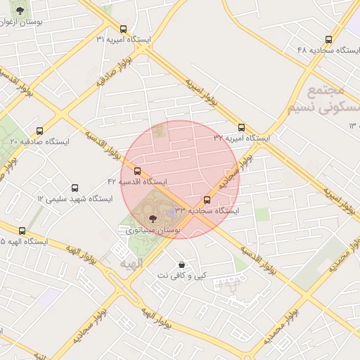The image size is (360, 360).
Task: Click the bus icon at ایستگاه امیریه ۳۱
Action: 124,30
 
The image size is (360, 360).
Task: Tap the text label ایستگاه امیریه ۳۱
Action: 124,39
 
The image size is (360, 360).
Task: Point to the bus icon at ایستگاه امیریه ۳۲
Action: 242,128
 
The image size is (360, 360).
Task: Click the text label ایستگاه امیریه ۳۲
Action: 242,139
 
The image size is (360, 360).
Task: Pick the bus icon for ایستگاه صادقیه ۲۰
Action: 39,131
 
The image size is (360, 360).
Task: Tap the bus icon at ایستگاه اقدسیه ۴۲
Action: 137,171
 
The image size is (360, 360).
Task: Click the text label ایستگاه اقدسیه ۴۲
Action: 137,181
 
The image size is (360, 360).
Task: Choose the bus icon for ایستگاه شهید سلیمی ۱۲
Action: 75,188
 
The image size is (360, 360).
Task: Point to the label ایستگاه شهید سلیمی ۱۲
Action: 75,199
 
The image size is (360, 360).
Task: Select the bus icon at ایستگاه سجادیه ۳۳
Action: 207,200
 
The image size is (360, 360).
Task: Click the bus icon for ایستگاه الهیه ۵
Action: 22,231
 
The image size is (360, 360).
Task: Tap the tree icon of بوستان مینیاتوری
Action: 153,219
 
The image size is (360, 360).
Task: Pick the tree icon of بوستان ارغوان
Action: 19,11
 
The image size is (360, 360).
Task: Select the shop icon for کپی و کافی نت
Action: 182,264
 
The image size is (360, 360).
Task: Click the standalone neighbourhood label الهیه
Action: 131,264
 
